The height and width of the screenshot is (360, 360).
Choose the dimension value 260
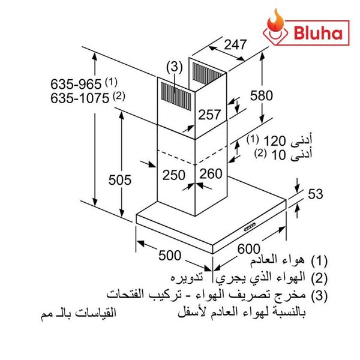(210, 174)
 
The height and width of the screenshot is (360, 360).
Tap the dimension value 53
(315, 194)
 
